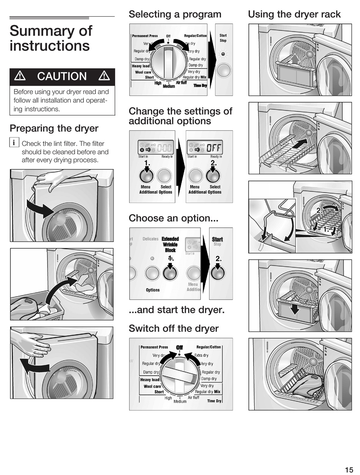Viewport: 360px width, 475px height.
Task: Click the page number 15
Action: point(349,470)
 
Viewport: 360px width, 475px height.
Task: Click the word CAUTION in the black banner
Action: point(62,77)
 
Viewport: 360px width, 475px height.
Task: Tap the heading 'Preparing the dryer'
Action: point(54,128)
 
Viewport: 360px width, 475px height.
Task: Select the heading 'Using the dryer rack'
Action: point(294,14)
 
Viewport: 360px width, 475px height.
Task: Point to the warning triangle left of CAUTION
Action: point(19,76)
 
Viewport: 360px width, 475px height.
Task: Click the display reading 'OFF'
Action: point(214,147)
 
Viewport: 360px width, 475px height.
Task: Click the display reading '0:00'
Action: point(165,147)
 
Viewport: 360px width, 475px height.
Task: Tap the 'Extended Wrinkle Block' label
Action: point(170,244)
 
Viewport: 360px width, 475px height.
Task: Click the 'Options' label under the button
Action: point(153,290)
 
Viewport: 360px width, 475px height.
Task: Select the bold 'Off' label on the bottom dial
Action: point(179,347)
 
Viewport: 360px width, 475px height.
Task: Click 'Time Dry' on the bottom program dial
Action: point(214,401)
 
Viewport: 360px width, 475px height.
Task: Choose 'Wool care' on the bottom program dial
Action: point(152,386)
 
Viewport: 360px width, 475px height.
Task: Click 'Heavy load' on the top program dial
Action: point(141,66)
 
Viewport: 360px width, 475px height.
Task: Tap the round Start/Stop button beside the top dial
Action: point(224,70)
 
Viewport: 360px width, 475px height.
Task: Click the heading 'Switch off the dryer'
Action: point(174,328)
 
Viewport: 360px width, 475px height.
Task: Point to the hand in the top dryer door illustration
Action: point(50,180)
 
